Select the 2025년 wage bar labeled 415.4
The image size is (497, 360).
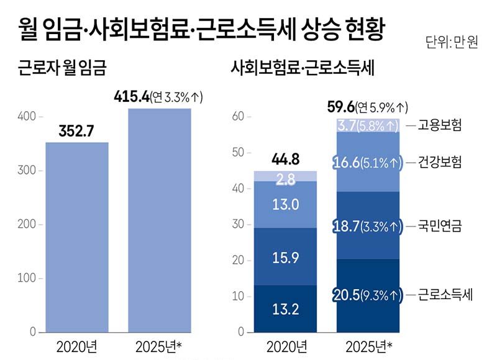point(160,220)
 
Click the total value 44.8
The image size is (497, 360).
point(286,160)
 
